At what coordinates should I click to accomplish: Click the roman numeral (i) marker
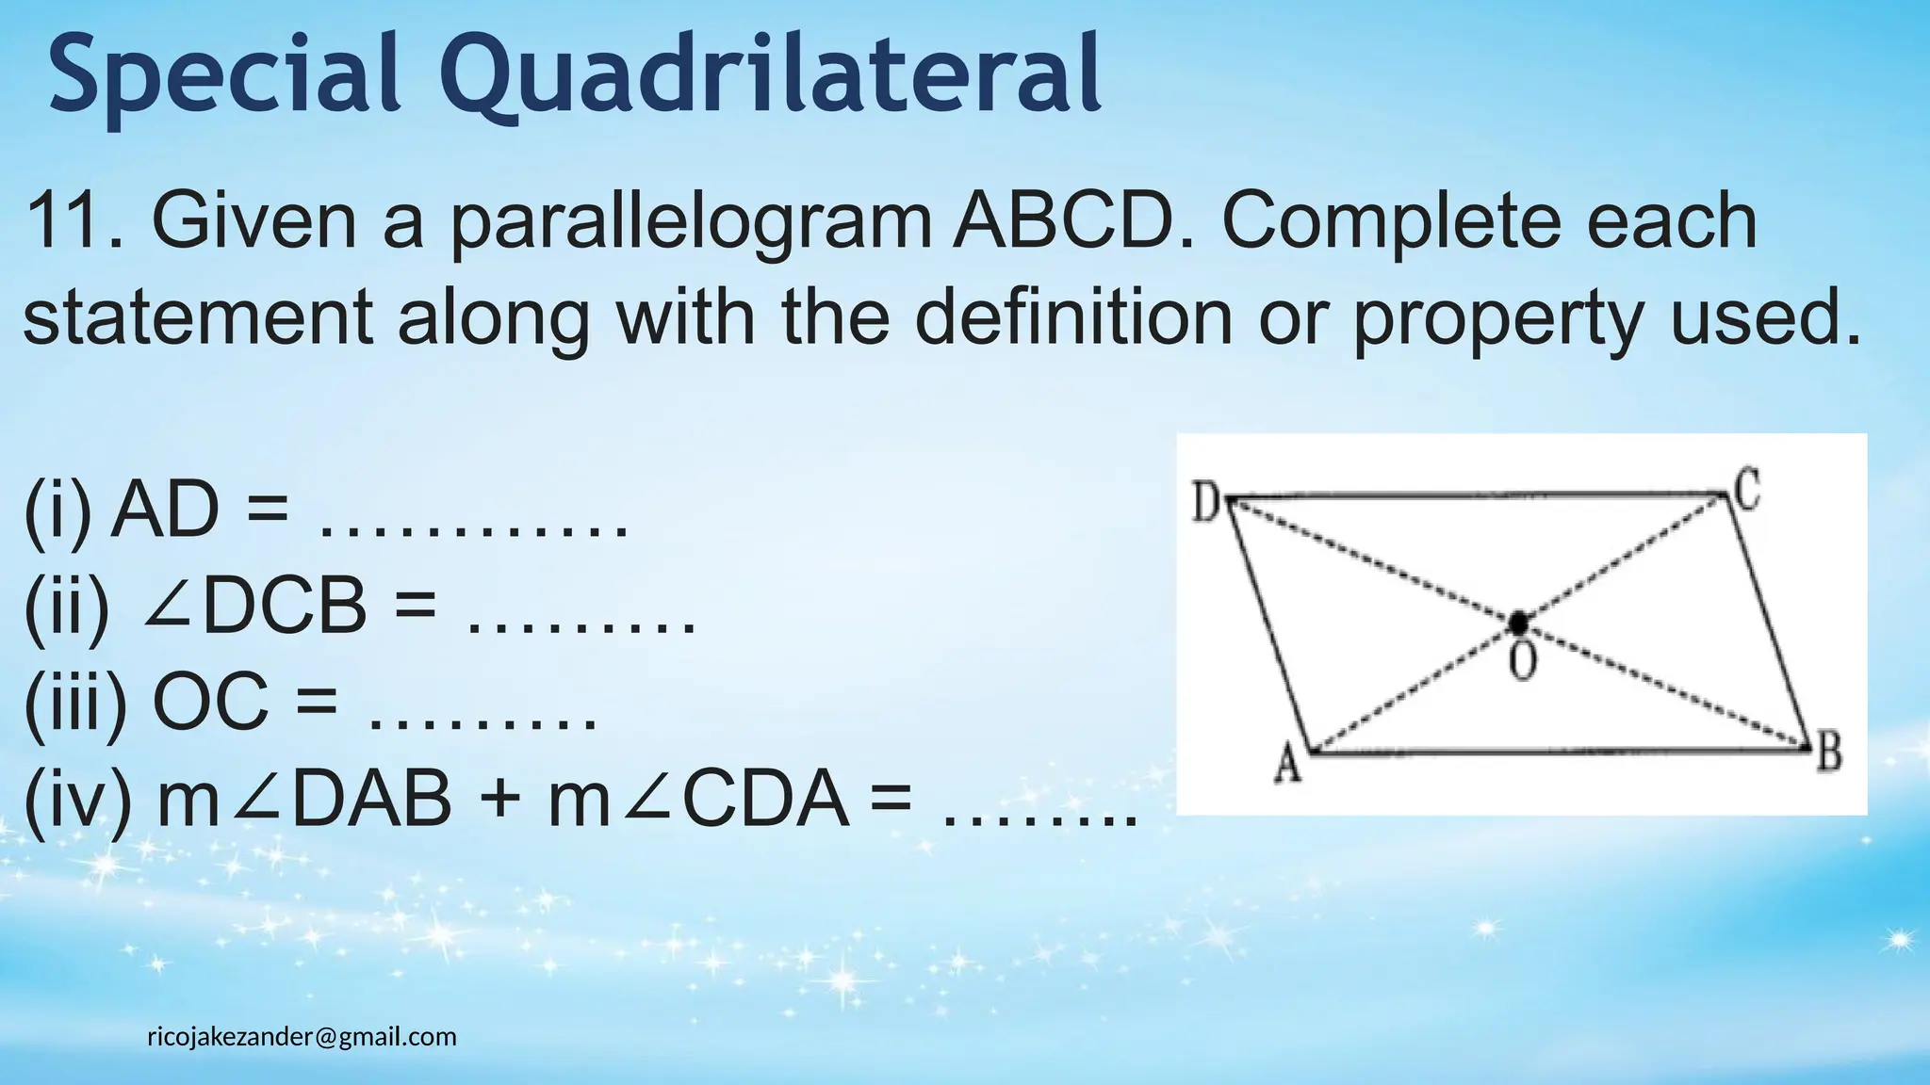(x=58, y=512)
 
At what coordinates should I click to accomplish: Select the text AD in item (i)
(x=164, y=510)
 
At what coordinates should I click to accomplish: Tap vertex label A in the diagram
(x=1287, y=765)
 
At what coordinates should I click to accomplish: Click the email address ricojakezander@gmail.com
(x=302, y=1037)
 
